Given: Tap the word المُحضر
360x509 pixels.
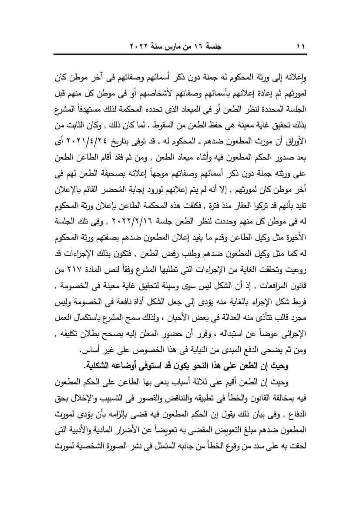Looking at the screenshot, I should coord(108,190).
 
